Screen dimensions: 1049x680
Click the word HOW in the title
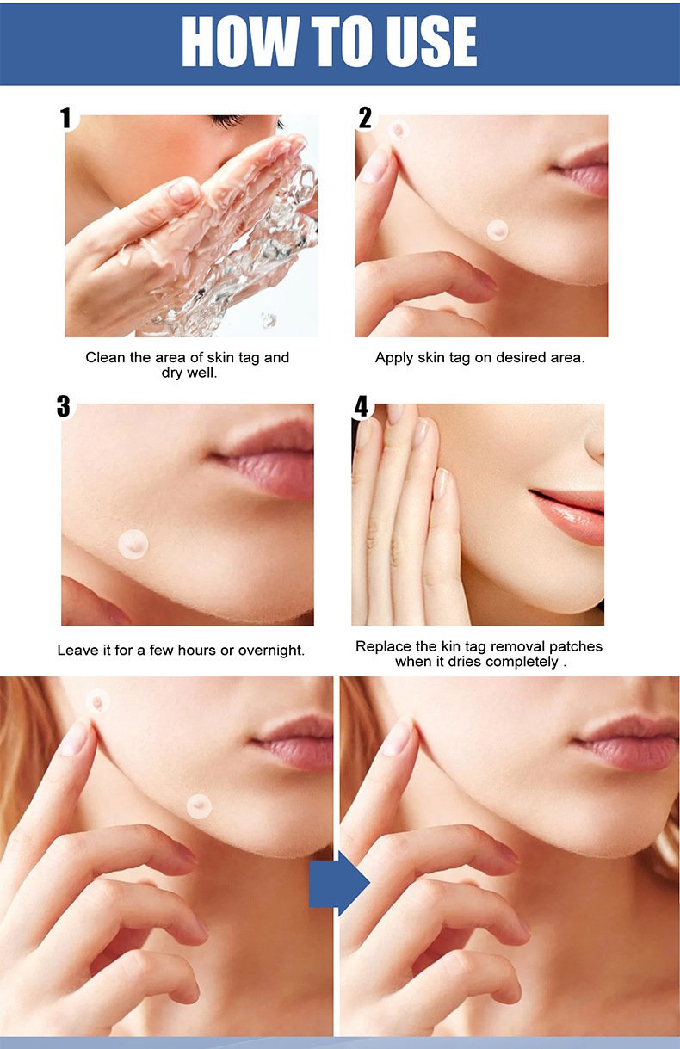[x=236, y=42]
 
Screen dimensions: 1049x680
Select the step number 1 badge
[x=66, y=118]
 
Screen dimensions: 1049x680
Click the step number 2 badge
[x=365, y=118]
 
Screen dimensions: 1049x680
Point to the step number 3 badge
[x=64, y=406]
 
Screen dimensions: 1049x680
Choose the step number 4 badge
[x=362, y=406]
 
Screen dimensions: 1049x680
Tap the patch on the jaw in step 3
[x=133, y=544]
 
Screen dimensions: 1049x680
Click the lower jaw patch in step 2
[x=498, y=230]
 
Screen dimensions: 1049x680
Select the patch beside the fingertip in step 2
[x=398, y=131]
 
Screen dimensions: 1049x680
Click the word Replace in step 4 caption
[x=381, y=646]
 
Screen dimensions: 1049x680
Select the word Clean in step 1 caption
[x=105, y=357]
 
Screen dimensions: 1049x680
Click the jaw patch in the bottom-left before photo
[x=199, y=805]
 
